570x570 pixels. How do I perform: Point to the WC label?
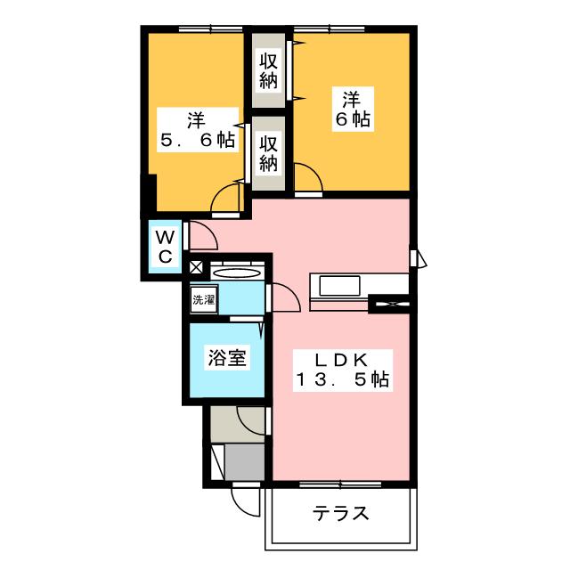pyautogui.click(x=165, y=247)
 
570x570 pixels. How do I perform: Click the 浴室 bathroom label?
pyautogui.click(x=228, y=358)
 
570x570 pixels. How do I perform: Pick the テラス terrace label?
pyautogui.click(x=340, y=514)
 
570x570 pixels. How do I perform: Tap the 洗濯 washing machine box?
pyautogui.click(x=203, y=299)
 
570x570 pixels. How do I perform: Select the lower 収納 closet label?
pyautogui.click(x=269, y=152)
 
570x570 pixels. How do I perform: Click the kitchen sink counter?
pyautogui.click(x=338, y=287)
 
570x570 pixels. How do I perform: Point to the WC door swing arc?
pyautogui.click(x=203, y=235)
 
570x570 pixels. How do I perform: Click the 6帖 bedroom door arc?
pyautogui.click(x=309, y=178)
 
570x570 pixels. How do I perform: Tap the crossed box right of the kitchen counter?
pyautogui.click(x=389, y=304)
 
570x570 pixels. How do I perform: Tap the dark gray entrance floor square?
pyautogui.click(x=244, y=460)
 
